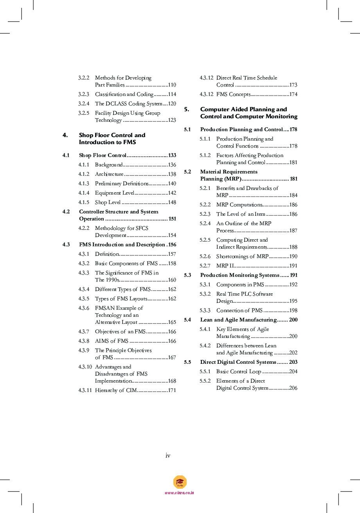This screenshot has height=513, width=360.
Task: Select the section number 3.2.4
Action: [84, 104]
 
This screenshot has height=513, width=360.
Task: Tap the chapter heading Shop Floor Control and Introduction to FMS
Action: [112, 139]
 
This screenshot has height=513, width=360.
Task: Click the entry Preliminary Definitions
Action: [121, 184]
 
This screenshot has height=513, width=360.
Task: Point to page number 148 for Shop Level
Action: [172, 202]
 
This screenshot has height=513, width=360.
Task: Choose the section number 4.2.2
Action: [84, 228]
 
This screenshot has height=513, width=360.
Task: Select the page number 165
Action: [172, 322]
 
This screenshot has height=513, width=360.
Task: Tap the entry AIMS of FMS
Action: [112, 341]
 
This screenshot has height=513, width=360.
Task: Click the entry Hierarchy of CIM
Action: [115, 390]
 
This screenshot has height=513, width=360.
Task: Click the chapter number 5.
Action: [187, 110]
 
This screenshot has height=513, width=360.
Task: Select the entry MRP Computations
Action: [238, 205]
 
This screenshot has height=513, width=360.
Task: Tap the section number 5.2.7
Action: [205, 266]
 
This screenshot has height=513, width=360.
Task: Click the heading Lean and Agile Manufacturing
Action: [238, 320]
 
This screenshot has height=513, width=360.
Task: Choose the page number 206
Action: [293, 388]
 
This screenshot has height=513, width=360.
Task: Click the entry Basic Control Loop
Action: [238, 372]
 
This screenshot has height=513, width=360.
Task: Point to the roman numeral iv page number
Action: [168, 455]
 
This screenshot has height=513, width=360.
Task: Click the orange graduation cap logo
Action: [180, 482]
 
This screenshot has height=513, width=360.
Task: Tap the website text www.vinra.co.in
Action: [180, 493]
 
